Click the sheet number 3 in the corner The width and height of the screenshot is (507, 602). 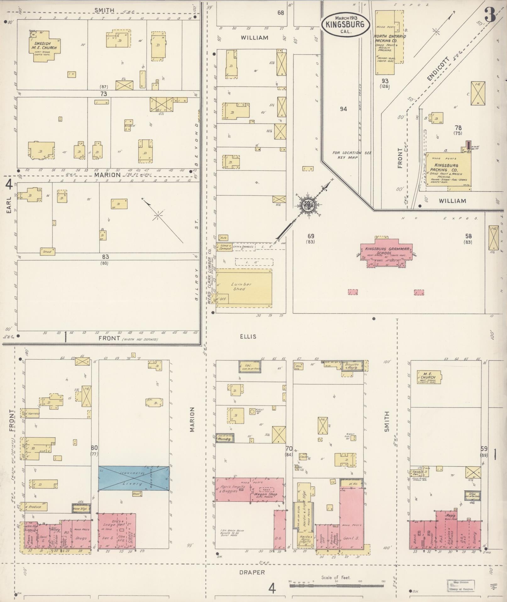point(490,14)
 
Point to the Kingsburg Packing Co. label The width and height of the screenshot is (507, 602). point(446,168)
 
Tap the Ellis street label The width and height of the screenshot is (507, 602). point(248,336)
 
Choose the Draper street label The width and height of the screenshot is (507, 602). point(252,572)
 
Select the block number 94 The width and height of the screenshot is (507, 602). point(343,109)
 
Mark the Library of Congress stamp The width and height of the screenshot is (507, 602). point(461,585)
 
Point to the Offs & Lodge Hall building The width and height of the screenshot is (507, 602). point(117,532)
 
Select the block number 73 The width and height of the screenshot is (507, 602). point(104,94)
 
